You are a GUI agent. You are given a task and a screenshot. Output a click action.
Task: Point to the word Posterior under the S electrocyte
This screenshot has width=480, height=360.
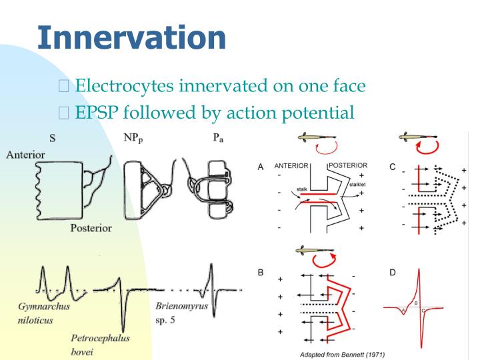pos(91,228)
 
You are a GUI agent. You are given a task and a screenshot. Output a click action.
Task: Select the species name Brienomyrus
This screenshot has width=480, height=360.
pos(182,307)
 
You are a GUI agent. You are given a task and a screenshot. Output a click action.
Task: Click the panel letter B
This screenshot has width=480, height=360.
pos(262,273)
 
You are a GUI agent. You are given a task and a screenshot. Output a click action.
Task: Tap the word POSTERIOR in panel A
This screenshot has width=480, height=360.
pos(348,166)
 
